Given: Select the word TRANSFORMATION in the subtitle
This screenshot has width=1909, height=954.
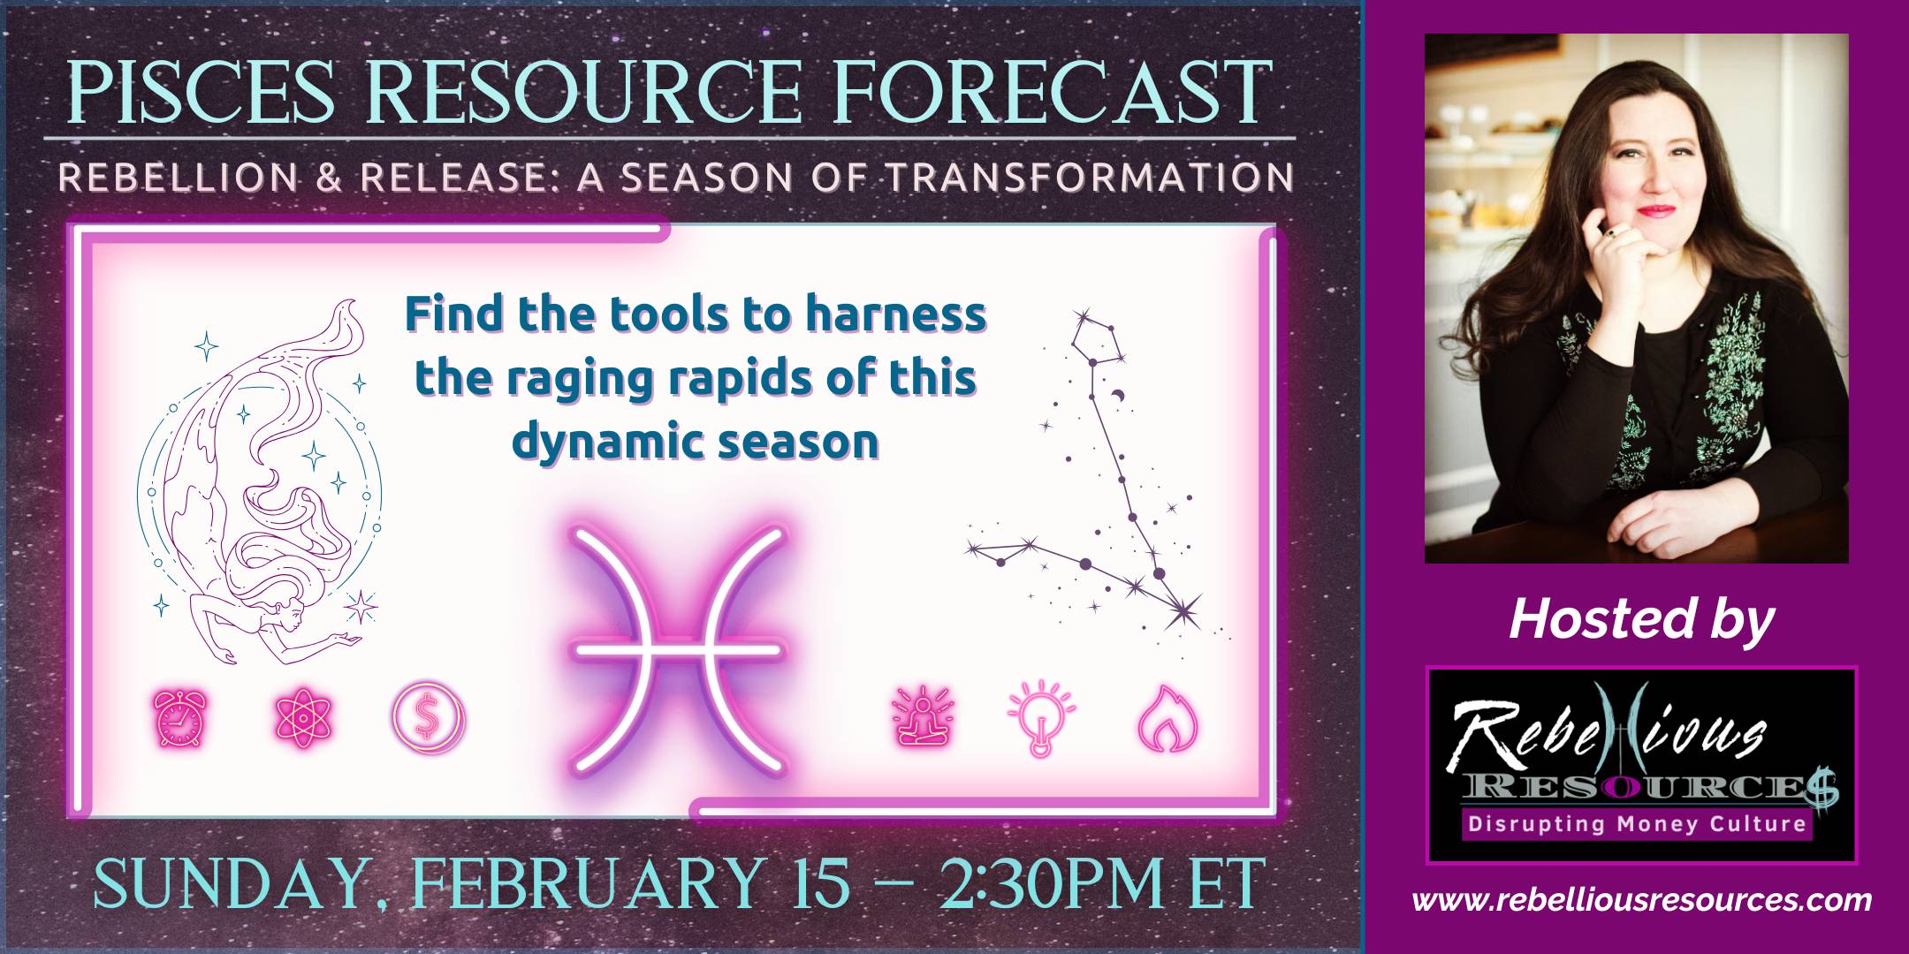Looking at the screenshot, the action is click(1090, 178).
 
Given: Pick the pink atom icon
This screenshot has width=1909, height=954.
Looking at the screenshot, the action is click(303, 721).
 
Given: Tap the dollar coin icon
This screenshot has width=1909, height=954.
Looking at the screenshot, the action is click(429, 722).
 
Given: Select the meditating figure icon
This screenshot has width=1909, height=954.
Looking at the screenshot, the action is click(924, 719).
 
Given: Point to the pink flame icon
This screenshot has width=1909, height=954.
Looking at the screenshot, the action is click(1167, 719).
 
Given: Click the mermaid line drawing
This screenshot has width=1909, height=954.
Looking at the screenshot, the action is click(261, 481).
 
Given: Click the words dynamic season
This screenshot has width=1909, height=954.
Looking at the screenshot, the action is click(696, 441).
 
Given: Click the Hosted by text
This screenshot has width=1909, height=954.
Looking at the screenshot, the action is click(1641, 619).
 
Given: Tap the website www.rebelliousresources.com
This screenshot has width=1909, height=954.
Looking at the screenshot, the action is click(1641, 900).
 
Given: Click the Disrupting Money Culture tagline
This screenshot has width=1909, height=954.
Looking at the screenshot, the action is click(1637, 824).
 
